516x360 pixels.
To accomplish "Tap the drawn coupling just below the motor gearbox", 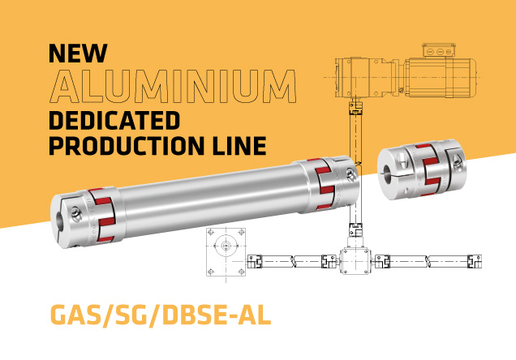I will pos(353,106).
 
